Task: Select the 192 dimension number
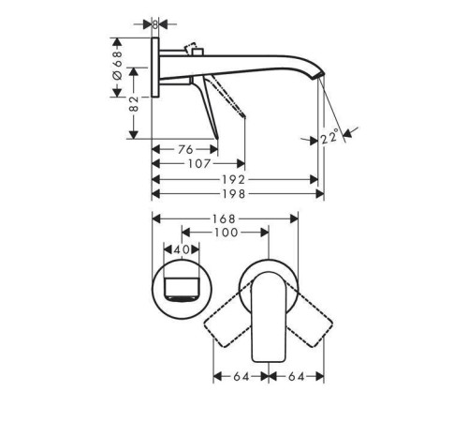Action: [x=234, y=179]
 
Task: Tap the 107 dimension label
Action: [x=197, y=163]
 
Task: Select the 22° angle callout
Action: [x=329, y=138]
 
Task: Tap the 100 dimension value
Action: [x=225, y=234]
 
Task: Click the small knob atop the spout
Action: [x=195, y=47]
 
